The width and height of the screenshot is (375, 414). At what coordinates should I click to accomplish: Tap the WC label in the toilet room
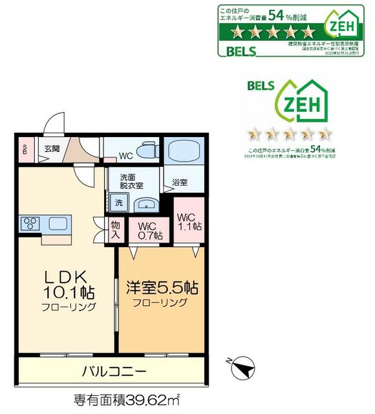click(127, 156)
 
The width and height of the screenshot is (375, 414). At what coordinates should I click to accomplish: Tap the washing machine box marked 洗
click(118, 202)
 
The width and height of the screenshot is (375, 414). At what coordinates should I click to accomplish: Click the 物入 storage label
click(115, 230)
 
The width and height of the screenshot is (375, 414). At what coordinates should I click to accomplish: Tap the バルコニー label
click(114, 371)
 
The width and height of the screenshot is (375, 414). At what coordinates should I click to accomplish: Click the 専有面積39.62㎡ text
click(126, 399)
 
